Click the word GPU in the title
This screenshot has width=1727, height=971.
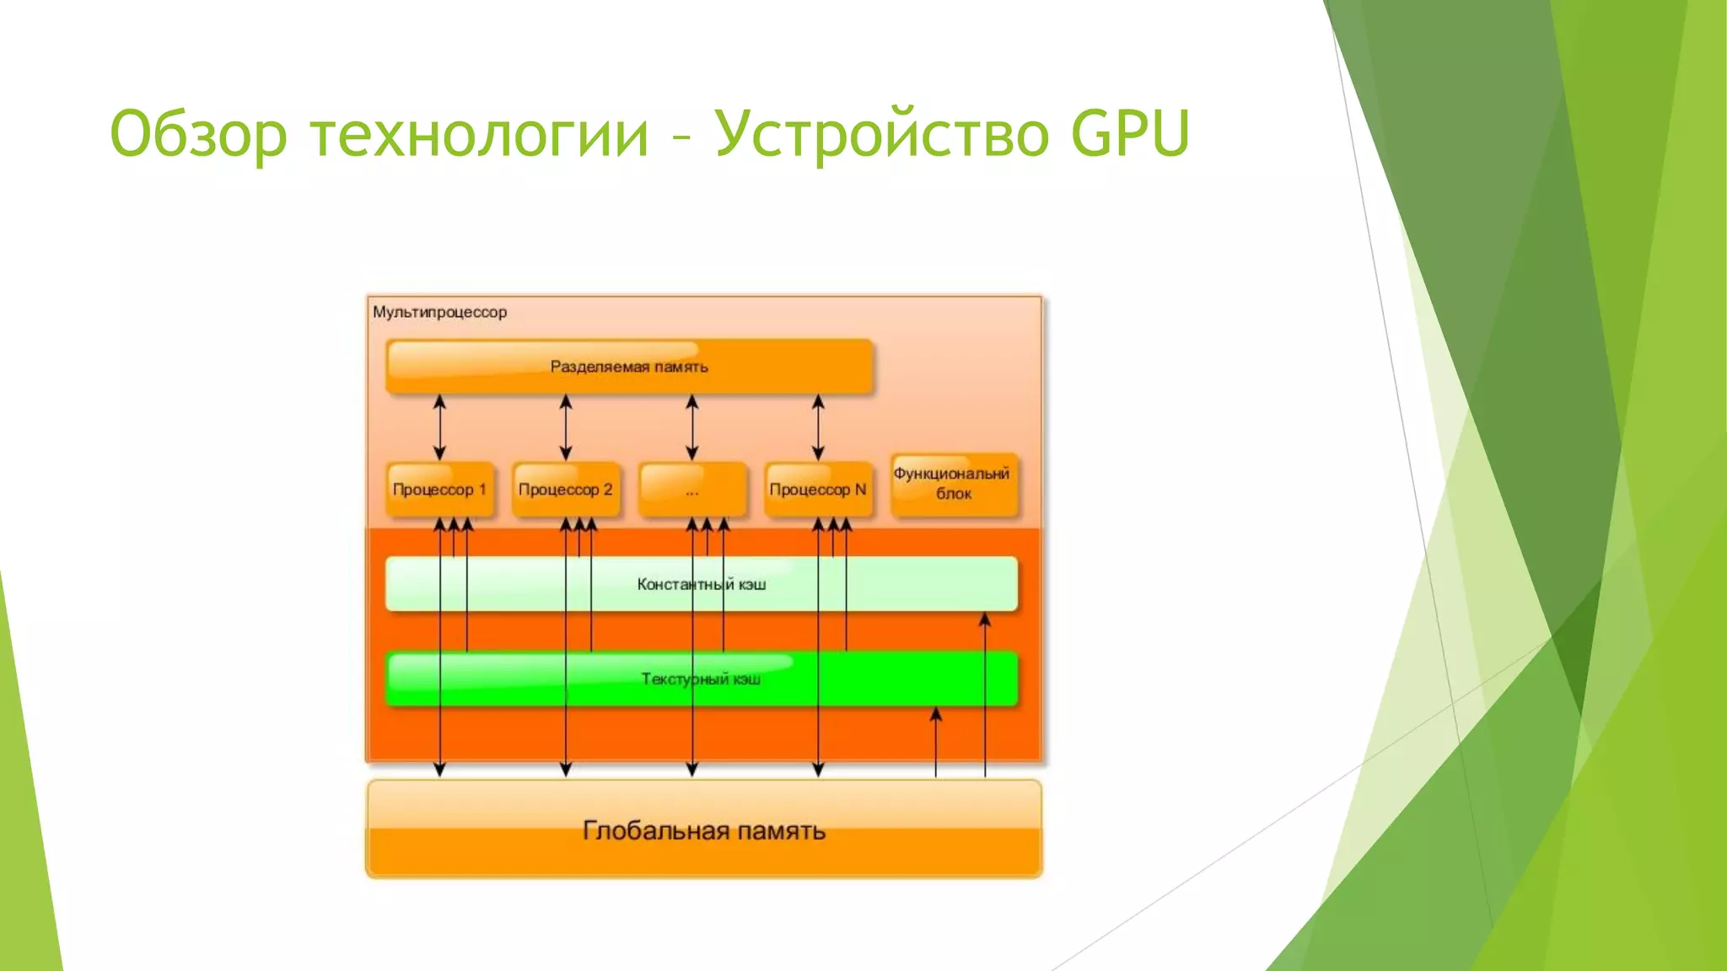click(x=1130, y=133)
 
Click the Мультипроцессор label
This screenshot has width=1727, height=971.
click(x=439, y=312)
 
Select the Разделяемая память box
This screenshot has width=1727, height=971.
click(x=629, y=367)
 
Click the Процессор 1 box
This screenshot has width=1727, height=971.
click(x=439, y=490)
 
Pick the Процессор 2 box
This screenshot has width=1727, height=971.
click(x=566, y=490)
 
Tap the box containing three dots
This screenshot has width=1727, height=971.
click(x=692, y=490)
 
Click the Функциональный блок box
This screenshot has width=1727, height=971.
click(x=953, y=485)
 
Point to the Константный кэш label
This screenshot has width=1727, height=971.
click(x=701, y=584)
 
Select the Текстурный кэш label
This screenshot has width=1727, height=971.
click(x=701, y=679)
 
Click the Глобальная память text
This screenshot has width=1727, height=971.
click(x=703, y=831)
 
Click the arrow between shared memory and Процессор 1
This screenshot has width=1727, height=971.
click(x=439, y=427)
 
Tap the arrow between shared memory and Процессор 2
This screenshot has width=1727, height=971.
click(x=566, y=427)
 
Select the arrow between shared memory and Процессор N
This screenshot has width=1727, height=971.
click(x=818, y=427)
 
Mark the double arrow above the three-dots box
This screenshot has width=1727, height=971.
click(x=692, y=427)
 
